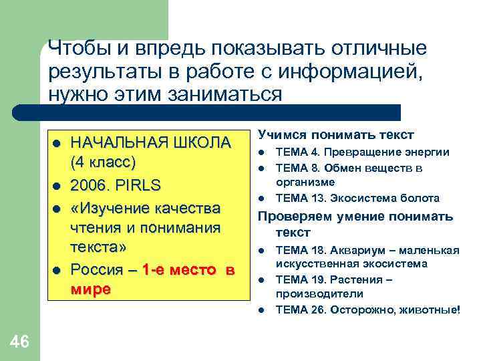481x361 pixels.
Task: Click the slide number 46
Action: tap(20, 342)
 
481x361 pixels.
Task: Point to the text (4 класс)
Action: tap(103, 162)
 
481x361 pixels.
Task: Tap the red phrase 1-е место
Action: tap(178, 270)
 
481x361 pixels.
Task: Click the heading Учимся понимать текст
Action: tap(336, 134)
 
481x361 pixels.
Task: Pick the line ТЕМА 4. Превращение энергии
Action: tap(363, 152)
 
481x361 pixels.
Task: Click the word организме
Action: tap(305, 182)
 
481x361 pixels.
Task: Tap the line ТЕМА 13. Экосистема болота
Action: tap(357, 198)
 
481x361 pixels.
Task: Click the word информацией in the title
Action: tap(352, 71)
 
